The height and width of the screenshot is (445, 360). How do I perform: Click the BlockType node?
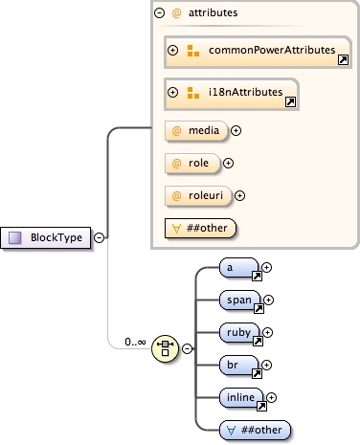pyautogui.click(x=49, y=237)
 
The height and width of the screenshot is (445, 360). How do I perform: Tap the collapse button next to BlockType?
pyautogui.click(x=100, y=237)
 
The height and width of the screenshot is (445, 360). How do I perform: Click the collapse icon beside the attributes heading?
pyautogui.click(x=159, y=13)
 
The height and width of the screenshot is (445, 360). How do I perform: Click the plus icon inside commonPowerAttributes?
pyautogui.click(x=173, y=50)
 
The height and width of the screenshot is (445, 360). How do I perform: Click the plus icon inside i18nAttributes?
pyautogui.click(x=173, y=94)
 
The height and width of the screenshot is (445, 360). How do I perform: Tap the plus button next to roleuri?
pyautogui.click(x=240, y=196)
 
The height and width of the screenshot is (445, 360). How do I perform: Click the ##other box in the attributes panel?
pyautogui.click(x=200, y=229)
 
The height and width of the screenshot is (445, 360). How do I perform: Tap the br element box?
pyautogui.click(x=238, y=365)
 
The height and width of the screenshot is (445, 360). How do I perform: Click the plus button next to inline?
pyautogui.click(x=272, y=397)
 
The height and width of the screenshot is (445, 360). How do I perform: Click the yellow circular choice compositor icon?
pyautogui.click(x=166, y=348)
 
